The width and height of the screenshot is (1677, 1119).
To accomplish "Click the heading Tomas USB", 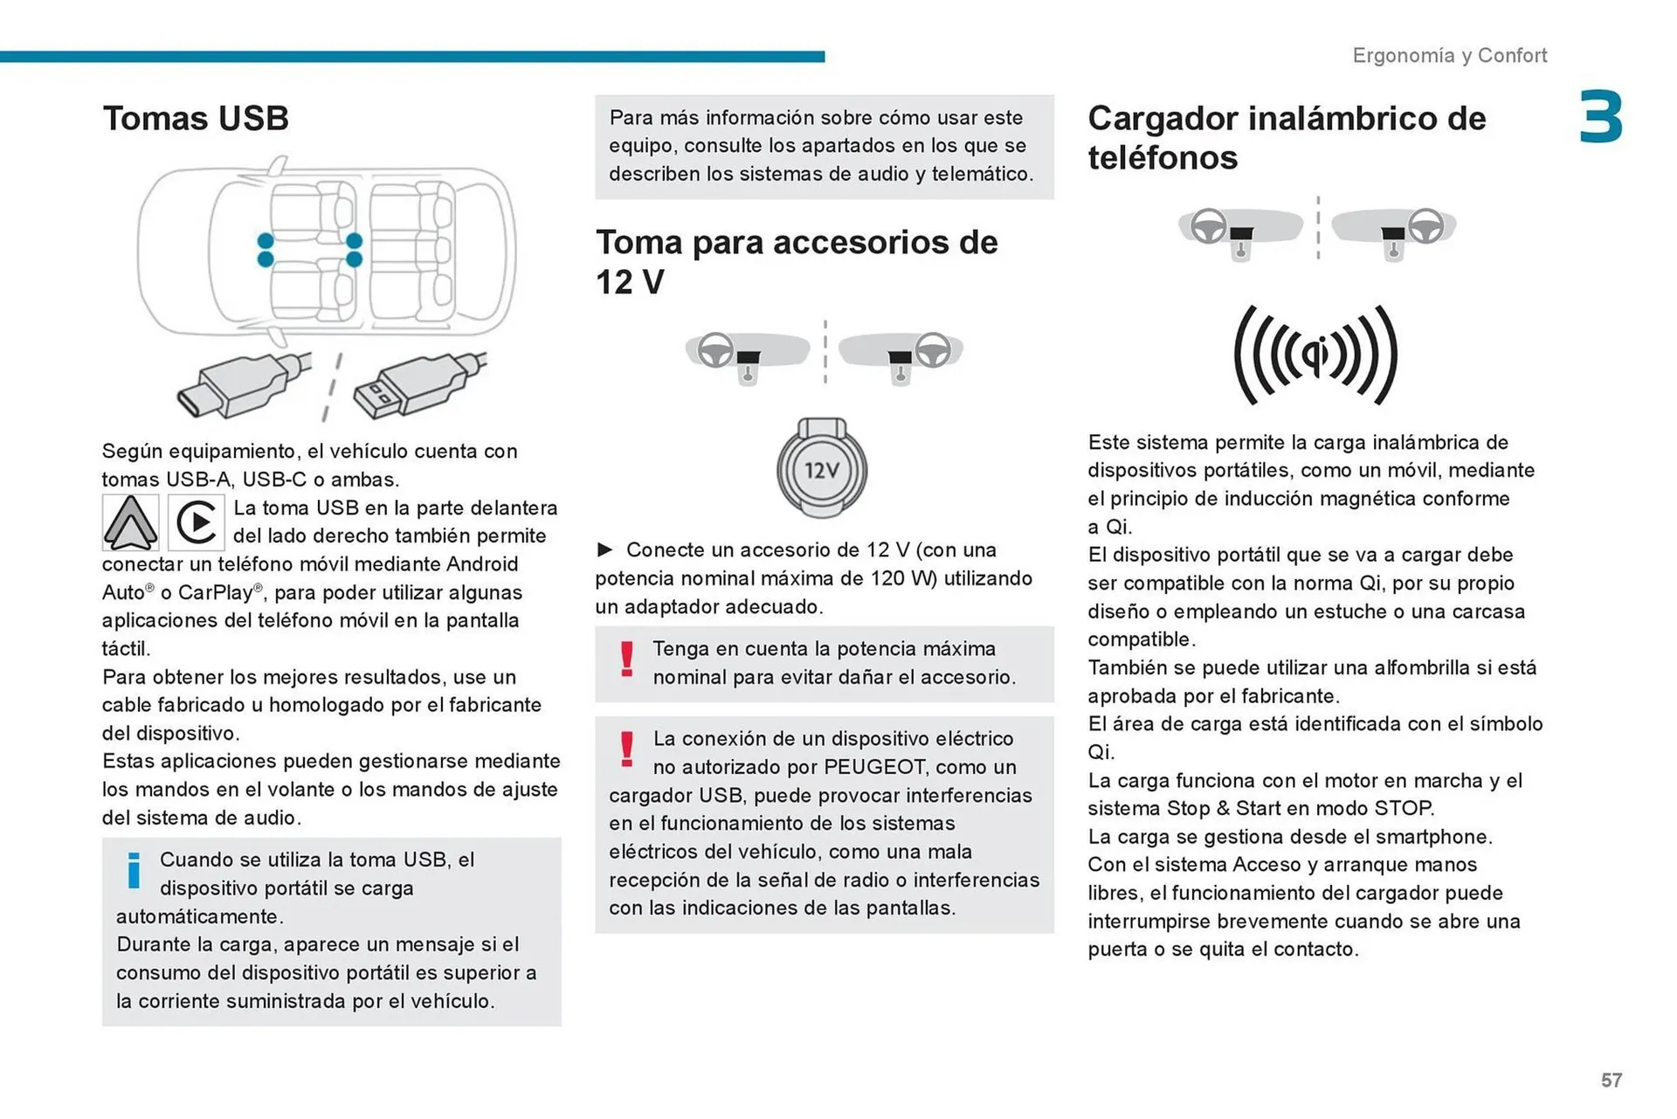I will pyautogui.click(x=196, y=119).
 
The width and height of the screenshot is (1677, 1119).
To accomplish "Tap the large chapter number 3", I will pyautogui.click(x=1600, y=117).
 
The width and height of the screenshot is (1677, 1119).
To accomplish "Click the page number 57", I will pyautogui.click(x=1611, y=1081).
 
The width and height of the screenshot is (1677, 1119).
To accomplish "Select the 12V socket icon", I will pyautogui.click(x=821, y=469).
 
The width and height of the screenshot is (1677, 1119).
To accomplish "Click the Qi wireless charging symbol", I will pyautogui.click(x=1315, y=355).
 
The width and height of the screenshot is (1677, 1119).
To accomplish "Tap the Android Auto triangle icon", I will pyautogui.click(x=131, y=522).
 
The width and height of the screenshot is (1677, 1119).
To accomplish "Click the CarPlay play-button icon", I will pyautogui.click(x=197, y=522).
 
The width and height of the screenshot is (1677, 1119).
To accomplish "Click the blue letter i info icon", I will pyautogui.click(x=134, y=870).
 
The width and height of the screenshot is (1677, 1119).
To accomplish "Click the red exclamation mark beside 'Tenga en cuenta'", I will pyautogui.click(x=626, y=660).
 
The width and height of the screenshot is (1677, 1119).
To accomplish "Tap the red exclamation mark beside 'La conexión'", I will pyautogui.click(x=626, y=749).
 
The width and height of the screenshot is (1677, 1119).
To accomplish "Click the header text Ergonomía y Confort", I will pyautogui.click(x=1449, y=56).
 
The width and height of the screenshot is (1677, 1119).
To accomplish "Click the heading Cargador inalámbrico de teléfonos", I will pyautogui.click(x=1286, y=138).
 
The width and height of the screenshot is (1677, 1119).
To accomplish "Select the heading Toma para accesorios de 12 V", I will pyautogui.click(x=796, y=261).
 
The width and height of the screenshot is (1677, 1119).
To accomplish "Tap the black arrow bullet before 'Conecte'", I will pyautogui.click(x=604, y=549).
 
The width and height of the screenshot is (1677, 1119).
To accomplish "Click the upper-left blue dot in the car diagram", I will pyautogui.click(x=266, y=240).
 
